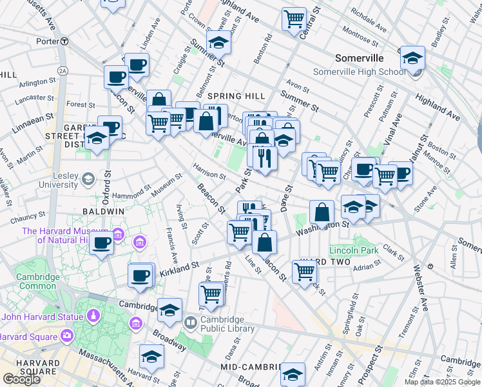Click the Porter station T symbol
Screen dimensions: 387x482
pos(64,41)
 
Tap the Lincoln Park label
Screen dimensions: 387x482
pos(354,250)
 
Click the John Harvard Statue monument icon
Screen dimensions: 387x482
pos(93,316)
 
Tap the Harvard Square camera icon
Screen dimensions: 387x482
pos(66,335)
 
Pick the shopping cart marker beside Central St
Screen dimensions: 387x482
pos(294,19)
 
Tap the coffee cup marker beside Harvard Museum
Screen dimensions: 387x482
pos(101,243)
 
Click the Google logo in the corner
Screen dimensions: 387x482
pos(21,379)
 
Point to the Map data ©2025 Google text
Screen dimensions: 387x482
pos(442,382)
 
